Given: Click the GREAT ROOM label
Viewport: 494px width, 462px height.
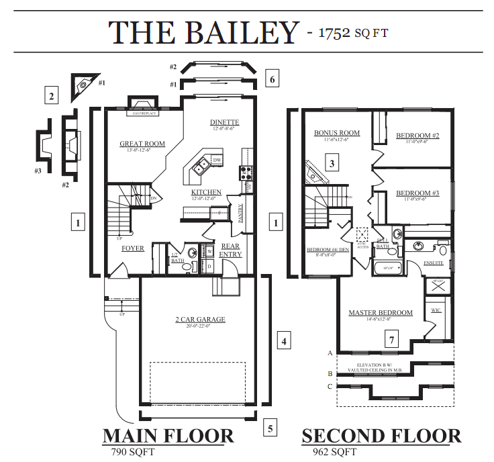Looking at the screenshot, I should tap(142, 144).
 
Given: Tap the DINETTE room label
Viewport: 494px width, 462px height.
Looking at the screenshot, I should tap(224, 122).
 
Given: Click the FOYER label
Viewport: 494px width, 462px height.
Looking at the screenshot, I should tap(133, 248).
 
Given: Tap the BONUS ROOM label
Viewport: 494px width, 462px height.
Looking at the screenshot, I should tap(337, 133).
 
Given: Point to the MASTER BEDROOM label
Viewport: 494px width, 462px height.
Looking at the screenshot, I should tap(380, 313).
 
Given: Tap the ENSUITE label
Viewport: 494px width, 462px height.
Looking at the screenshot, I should tap(434, 263).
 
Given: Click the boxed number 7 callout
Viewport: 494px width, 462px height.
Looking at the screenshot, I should tap(392, 340).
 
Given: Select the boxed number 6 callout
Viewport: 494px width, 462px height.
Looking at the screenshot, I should tap(271, 79).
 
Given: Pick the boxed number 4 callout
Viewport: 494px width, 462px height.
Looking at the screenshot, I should tap(284, 341).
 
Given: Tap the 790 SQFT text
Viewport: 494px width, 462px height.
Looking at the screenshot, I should tap(133, 452).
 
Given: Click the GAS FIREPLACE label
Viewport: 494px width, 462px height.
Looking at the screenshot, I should tap(144, 113).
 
